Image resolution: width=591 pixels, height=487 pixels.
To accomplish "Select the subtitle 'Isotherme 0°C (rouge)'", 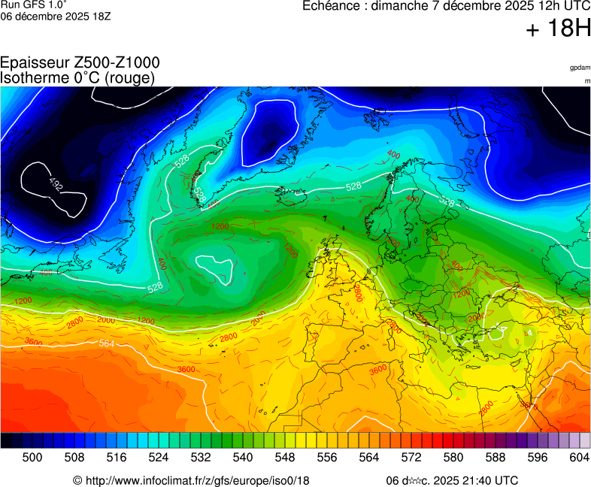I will pyautogui.click(x=77, y=77).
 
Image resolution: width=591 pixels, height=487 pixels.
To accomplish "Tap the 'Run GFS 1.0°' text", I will pyautogui.click(x=33, y=5).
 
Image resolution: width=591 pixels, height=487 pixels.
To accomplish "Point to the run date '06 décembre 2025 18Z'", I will pyautogui.click(x=56, y=17).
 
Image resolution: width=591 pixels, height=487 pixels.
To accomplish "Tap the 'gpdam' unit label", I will pyautogui.click(x=580, y=68).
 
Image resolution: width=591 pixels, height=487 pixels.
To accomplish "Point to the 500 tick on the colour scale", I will pyautogui.click(x=32, y=457).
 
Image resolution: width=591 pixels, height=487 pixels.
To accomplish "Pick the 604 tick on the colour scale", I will pyautogui.click(x=579, y=457).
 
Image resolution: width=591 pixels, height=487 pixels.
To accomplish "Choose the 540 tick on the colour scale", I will pyautogui.click(x=243, y=457).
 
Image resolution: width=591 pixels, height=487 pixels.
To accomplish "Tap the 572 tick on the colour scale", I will pyautogui.click(x=411, y=457).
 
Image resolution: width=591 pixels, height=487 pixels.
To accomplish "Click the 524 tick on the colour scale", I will pyautogui.click(x=159, y=457).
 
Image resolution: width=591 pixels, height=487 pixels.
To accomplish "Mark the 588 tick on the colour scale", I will pyautogui.click(x=495, y=457).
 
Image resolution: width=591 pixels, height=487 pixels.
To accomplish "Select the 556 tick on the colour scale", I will pyautogui.click(x=326, y=457).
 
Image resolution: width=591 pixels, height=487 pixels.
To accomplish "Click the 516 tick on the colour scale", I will pyautogui.click(x=117, y=457).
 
